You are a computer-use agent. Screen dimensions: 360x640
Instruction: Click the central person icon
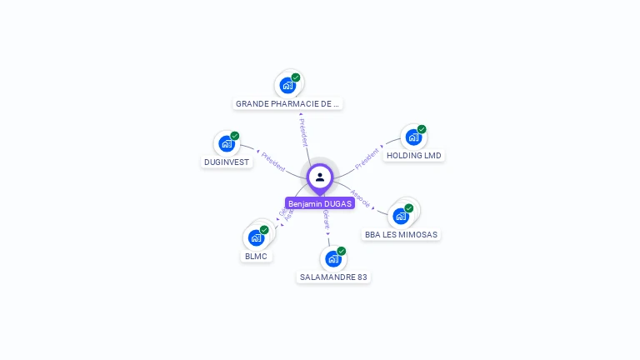pyautogui.click(x=320, y=177)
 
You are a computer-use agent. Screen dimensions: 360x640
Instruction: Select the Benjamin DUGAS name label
pyautogui.click(x=320, y=203)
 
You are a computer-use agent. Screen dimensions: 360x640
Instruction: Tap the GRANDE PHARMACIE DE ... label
pyautogui.click(x=288, y=104)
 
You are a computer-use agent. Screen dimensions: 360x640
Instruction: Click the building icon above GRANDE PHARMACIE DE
pyautogui.click(x=287, y=85)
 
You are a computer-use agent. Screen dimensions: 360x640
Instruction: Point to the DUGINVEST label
pyautogui.click(x=227, y=162)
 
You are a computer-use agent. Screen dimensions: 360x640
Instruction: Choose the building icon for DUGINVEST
pyautogui.click(x=226, y=143)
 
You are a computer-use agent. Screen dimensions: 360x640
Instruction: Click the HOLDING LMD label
pyautogui.click(x=414, y=156)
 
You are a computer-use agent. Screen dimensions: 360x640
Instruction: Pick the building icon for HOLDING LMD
pyautogui.click(x=413, y=137)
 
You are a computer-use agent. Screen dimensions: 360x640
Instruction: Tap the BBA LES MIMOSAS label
pyautogui.click(x=401, y=235)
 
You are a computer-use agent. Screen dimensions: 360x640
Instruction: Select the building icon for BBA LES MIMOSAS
pyautogui.click(x=401, y=216)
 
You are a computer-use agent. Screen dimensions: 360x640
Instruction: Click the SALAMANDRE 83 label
pyautogui.click(x=333, y=277)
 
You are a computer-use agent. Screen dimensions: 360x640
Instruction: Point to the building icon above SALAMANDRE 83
pyautogui.click(x=333, y=258)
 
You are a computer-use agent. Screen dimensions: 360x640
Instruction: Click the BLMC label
pyautogui.click(x=256, y=257)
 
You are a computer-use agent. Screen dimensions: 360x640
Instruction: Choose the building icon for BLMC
pyautogui.click(x=256, y=237)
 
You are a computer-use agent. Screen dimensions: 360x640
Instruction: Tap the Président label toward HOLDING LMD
pyautogui.click(x=367, y=158)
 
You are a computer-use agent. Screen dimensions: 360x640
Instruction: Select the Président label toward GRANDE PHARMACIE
pyautogui.click(x=303, y=132)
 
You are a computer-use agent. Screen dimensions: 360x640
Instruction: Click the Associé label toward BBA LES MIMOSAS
pyautogui.click(x=361, y=198)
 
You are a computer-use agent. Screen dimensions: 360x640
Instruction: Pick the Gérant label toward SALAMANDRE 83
pyautogui.click(x=326, y=219)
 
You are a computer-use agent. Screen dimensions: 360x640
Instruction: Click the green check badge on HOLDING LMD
pyautogui.click(x=422, y=129)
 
